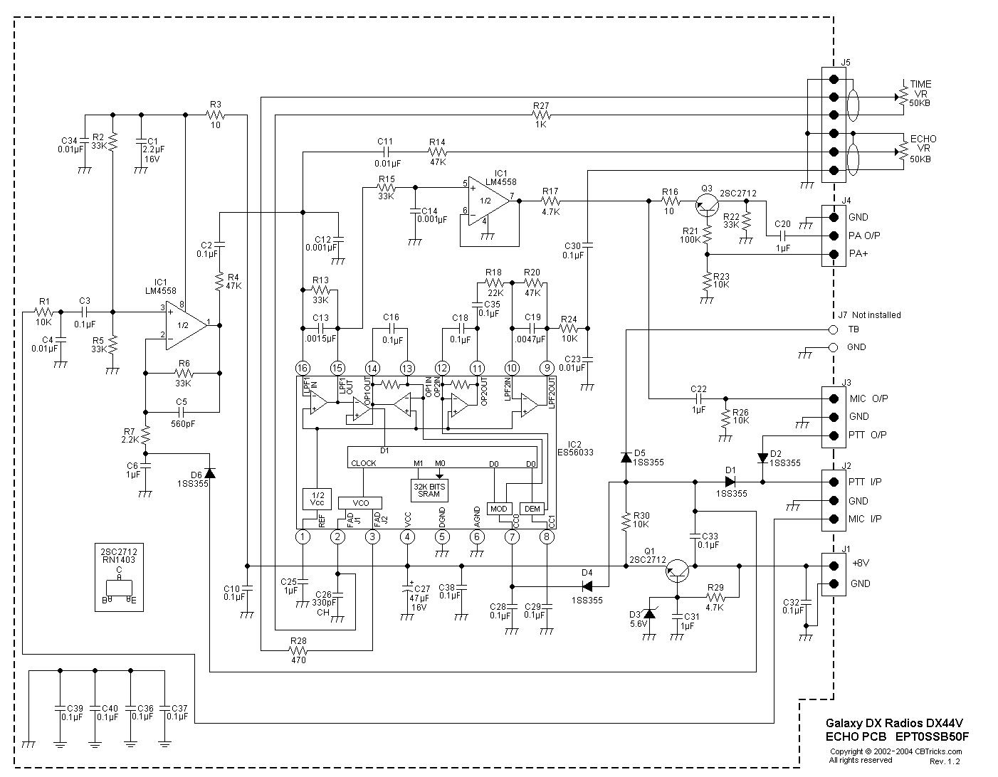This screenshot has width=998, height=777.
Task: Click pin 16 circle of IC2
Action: tap(303, 368)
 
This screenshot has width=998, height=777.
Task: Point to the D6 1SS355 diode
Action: tap(209, 473)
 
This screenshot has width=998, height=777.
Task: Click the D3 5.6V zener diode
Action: tap(649, 613)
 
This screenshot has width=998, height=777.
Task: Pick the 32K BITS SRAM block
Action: tap(429, 490)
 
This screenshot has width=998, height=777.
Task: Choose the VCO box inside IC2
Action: tap(360, 502)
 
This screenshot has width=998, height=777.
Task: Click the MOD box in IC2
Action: tap(498, 508)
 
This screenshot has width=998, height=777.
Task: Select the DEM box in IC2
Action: tap(532, 508)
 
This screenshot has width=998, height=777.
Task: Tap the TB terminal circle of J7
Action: tap(833, 329)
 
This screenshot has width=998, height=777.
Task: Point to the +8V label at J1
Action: tap(859, 563)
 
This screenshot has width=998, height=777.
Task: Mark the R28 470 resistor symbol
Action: tap(299, 650)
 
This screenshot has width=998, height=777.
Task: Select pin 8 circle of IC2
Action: tap(547, 536)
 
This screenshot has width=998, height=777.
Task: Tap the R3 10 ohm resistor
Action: tap(216, 115)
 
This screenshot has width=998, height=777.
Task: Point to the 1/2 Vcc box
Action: tap(317, 499)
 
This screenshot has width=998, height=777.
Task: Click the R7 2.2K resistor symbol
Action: tap(145, 434)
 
